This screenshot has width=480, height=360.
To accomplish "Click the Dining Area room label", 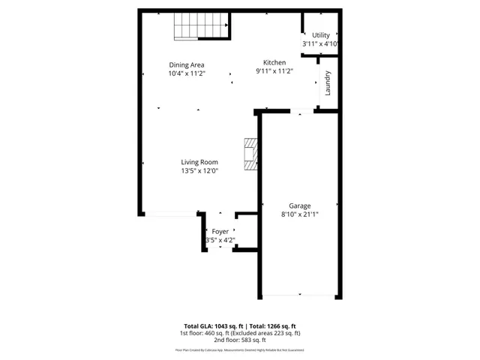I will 187,64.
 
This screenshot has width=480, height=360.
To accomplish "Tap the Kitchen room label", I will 274,62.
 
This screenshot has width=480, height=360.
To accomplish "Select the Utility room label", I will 321,35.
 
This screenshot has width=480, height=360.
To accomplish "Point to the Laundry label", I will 328,83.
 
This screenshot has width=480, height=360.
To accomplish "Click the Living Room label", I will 199,162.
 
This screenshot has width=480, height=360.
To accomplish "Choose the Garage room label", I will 300,205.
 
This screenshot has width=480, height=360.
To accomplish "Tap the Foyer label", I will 220,232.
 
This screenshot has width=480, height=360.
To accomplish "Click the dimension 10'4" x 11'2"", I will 187,73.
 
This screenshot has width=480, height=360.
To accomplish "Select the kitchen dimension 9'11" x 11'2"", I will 274,71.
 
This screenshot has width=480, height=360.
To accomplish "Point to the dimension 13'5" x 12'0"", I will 199,171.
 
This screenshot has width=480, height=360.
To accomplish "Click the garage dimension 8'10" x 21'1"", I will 300,214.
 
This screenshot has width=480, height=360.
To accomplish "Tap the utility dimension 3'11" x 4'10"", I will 321,44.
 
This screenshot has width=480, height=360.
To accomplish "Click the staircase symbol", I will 201,27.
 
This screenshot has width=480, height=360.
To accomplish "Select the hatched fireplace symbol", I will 250,154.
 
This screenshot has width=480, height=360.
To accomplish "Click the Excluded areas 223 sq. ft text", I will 271,333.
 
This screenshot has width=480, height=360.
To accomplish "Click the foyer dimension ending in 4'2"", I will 220,241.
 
